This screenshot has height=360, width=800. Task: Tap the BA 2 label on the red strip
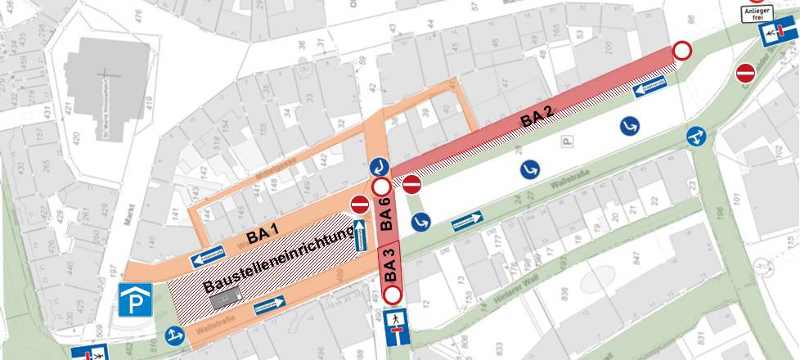coord(537,119)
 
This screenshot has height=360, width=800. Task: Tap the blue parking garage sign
coord(133,300)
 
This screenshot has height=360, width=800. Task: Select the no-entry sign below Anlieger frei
coord(745,73)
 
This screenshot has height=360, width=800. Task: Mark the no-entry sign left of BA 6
coord(360,205)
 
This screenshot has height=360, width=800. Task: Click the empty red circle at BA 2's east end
coord(682,51)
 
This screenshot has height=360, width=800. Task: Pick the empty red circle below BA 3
coord(393,295)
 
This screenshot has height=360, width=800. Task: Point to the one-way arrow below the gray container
coord(269,305)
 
